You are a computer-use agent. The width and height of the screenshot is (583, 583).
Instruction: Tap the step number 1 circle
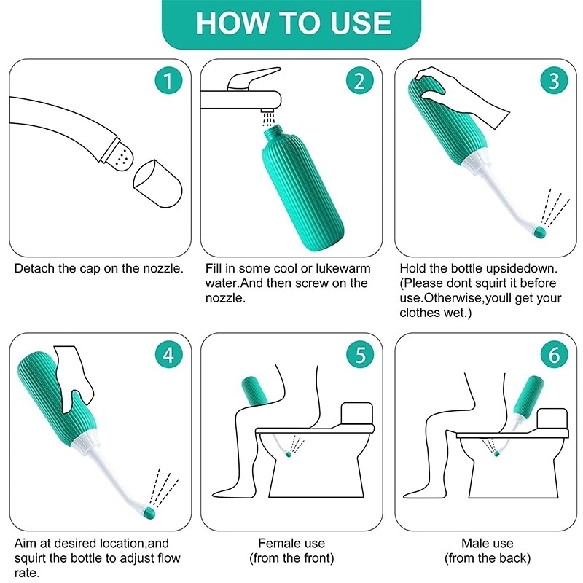(x=168, y=81)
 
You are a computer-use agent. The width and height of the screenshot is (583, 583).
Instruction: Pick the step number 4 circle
(x=168, y=355)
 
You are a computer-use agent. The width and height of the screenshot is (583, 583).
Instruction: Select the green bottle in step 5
(x=256, y=394)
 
